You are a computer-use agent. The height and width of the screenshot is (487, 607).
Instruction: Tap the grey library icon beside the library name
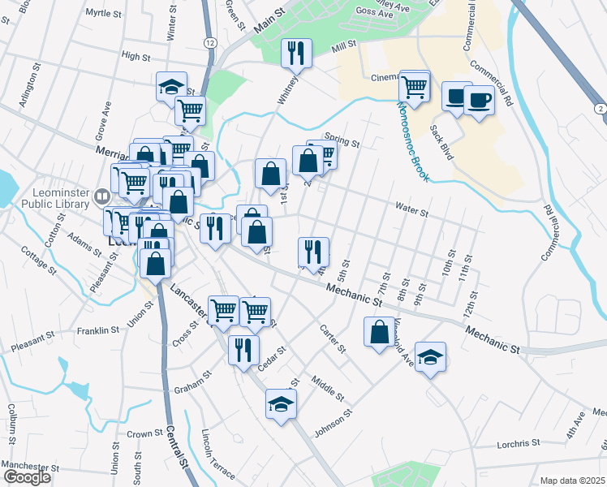click(x=102, y=196)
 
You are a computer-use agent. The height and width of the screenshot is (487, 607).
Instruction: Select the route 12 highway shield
click(x=210, y=42)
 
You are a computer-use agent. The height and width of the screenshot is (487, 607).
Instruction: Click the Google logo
click(x=27, y=477)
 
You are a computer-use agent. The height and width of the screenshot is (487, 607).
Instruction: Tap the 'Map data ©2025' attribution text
click(x=573, y=481)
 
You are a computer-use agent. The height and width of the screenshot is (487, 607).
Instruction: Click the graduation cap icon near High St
click(x=172, y=87)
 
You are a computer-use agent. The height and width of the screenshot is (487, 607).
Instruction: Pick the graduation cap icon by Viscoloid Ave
click(x=430, y=356)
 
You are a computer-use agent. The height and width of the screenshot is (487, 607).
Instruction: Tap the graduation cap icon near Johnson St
click(x=281, y=403)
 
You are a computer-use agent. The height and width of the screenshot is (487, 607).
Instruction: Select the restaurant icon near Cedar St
click(x=243, y=350)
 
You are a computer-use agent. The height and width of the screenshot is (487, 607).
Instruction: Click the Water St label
click(x=411, y=211)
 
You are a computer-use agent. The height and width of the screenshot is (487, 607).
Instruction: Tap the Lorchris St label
click(x=520, y=443)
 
